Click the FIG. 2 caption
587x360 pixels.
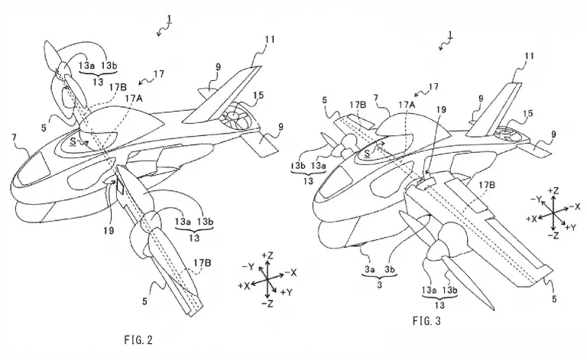(x=138, y=340)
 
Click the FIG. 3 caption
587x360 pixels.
(x=426, y=321)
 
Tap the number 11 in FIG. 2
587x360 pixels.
(x=269, y=39)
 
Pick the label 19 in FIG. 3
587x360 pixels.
(x=441, y=109)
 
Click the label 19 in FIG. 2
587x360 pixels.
(x=109, y=230)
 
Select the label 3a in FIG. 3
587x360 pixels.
(x=370, y=269)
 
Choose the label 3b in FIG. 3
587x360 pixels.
(x=390, y=269)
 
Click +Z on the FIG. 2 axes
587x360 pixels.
(x=268, y=255)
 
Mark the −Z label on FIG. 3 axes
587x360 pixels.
(x=553, y=235)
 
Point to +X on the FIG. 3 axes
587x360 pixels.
(x=532, y=219)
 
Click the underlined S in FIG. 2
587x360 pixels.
(x=73, y=141)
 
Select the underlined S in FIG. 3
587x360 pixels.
(x=367, y=153)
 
